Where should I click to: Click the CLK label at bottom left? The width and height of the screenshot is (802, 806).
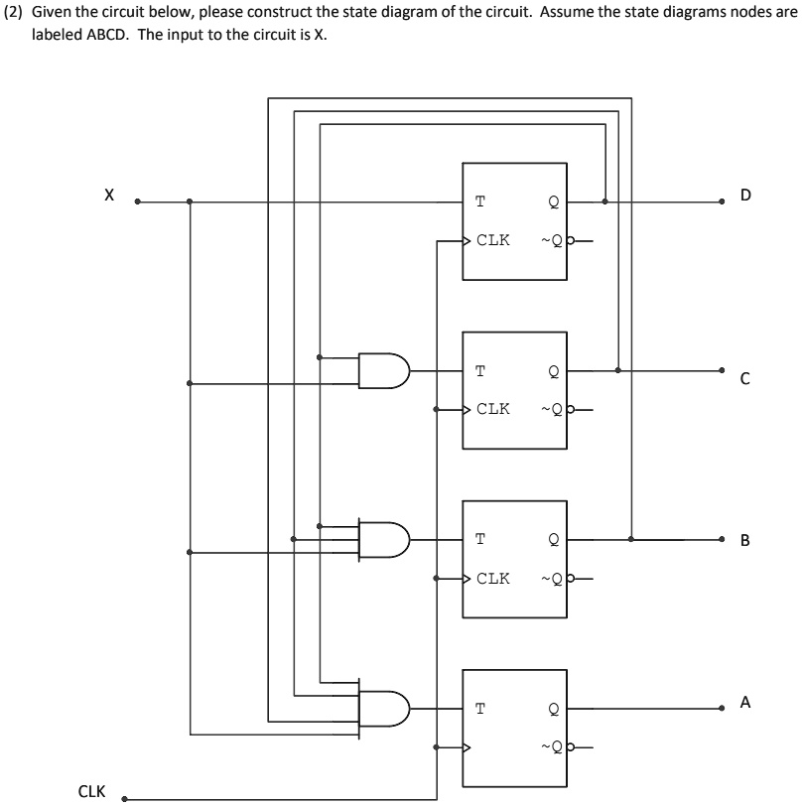coord(91,792)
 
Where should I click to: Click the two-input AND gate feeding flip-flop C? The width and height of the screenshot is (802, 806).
coord(382,370)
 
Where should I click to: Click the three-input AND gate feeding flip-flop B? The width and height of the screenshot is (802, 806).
coord(382,539)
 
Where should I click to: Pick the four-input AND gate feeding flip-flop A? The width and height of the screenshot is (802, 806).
coord(382,708)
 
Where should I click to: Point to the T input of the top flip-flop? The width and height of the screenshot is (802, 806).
coord(480,202)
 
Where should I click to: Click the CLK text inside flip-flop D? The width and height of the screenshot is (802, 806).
coord(493,240)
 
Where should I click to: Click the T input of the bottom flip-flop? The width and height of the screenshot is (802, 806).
coord(480,709)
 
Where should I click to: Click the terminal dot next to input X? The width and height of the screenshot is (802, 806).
coord(138,201)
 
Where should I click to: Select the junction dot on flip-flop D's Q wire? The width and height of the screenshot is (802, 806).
coord(604,201)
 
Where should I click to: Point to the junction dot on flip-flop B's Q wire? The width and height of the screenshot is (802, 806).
coord(631,539)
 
